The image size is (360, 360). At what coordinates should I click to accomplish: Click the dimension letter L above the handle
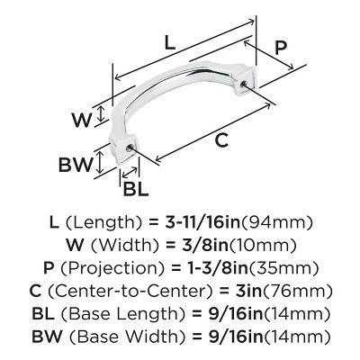click(171, 40)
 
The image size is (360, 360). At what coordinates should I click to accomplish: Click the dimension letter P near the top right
click(282, 48)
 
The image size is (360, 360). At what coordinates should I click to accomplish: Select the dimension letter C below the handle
click(220, 140)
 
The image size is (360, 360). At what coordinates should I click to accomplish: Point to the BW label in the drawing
click(76, 164)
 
